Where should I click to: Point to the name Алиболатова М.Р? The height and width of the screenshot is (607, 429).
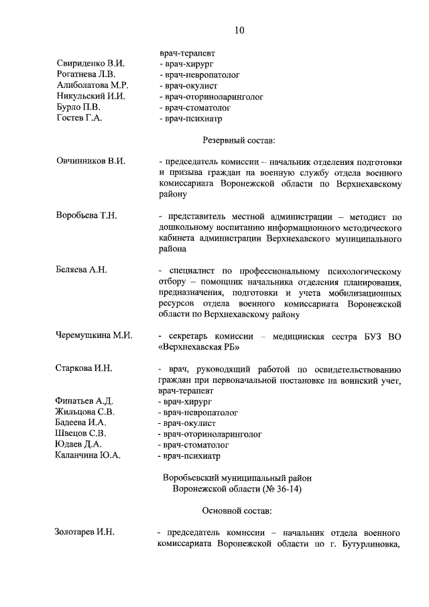coord(93,86)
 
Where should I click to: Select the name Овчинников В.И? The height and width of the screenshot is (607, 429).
coord(90,162)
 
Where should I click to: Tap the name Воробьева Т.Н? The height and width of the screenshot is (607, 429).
coord(86,215)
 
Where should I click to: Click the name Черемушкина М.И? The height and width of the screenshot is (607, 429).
coord(94,335)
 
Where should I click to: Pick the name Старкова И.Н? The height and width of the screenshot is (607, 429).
coord(84,368)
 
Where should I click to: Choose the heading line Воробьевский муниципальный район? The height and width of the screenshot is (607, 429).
coord(237,478)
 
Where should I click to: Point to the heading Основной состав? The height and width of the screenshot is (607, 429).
coord(237,512)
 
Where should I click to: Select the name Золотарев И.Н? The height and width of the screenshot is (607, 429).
coord(84,533)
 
